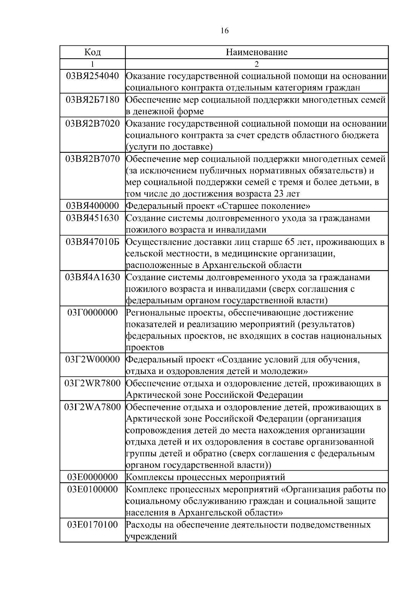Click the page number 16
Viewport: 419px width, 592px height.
click(225, 31)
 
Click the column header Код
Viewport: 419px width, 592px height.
click(93, 52)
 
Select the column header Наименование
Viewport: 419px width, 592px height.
click(257, 52)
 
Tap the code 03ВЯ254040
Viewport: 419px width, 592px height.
click(93, 76)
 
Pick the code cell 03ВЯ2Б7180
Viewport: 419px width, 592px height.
click(93, 100)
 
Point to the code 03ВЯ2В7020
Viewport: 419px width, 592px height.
click(93, 123)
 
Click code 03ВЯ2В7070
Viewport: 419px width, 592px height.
click(93, 159)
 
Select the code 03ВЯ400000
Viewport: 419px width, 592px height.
click(93, 206)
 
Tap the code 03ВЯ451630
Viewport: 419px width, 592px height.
click(93, 218)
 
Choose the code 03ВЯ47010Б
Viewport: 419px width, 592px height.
click(93, 242)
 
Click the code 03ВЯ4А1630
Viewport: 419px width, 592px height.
click(93, 277)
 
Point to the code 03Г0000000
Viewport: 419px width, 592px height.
click(93, 313)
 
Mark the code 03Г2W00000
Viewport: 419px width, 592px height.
click(93, 359)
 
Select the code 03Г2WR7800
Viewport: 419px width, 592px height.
click(93, 383)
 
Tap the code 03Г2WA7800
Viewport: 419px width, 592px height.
click(93, 407)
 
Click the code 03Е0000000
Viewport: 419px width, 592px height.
click(93, 477)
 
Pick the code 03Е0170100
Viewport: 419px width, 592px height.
click(93, 525)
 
